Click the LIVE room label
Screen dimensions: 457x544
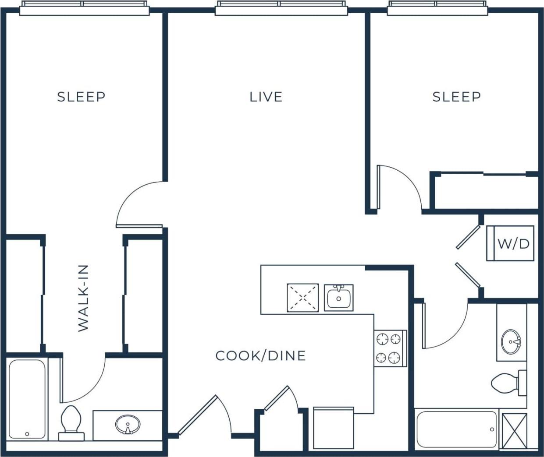coord(266,97)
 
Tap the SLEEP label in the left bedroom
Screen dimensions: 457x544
coord(81,97)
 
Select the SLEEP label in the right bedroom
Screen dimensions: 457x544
coord(456,97)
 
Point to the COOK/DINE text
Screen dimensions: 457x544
coord(260,355)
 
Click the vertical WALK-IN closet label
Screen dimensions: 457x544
coord(83,298)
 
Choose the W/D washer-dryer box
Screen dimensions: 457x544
coord(510,243)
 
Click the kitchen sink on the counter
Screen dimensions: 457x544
coord(338,298)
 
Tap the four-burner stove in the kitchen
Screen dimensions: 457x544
coord(390,348)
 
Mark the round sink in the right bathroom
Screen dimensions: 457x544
coord(511,339)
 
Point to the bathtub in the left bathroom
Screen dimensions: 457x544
coord(27,399)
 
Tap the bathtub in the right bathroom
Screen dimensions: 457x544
coord(456,429)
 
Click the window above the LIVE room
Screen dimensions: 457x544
coord(281,8)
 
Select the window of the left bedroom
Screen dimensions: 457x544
coord(83,8)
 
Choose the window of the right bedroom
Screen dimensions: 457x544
coord(437,8)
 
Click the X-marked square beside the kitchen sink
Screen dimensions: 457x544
coord(302,298)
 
